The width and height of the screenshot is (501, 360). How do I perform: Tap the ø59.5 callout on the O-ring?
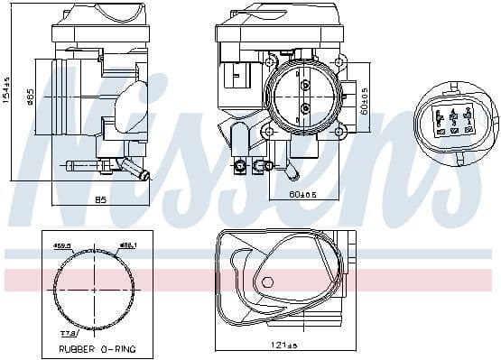(x=61, y=245)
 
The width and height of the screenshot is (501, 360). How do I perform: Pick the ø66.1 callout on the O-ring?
(x=129, y=245)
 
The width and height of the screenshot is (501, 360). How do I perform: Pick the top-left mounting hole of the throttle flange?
(x=272, y=61)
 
